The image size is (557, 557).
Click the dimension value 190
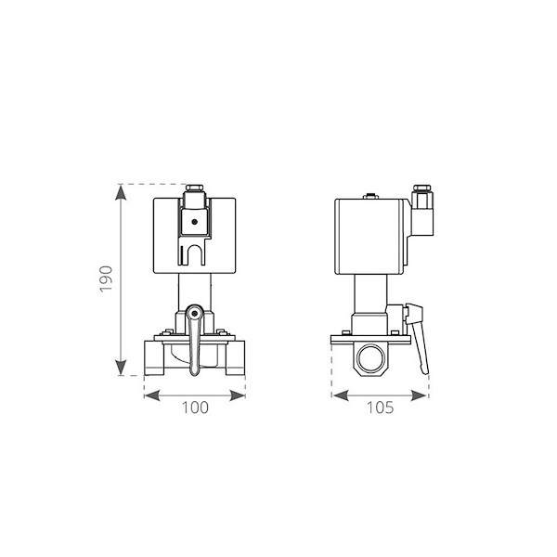tap(106, 278)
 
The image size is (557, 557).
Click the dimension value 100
tap(195, 408)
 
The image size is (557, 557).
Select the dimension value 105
tap(380, 408)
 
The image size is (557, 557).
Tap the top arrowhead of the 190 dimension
tap(121, 193)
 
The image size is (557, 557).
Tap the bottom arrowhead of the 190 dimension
tap(121, 368)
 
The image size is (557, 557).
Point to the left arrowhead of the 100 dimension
tap(152, 395)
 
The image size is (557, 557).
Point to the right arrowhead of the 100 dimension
tap(238, 395)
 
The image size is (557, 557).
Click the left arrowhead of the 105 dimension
tap(341, 395)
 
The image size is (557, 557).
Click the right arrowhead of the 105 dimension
tap(419, 395)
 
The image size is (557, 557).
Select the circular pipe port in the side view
tap(370, 358)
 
